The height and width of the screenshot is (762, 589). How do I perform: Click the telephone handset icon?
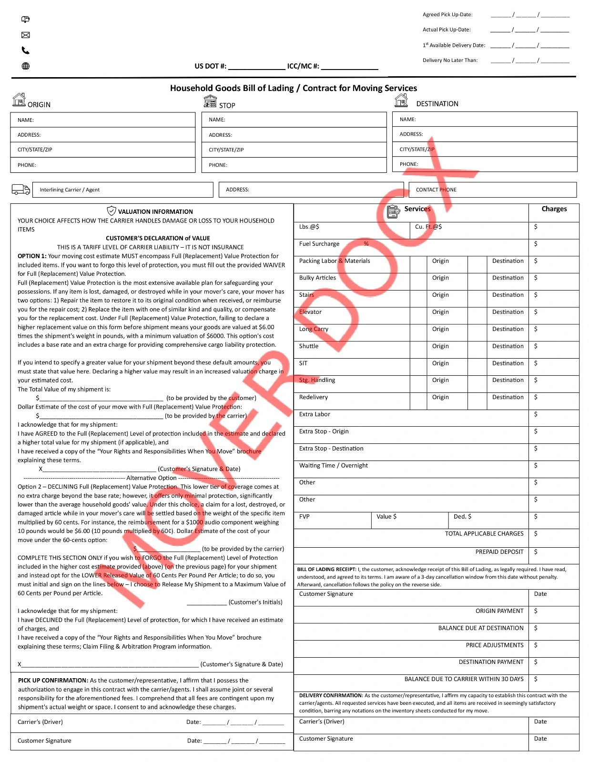(26, 50)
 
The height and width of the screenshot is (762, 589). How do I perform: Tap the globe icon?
(26, 66)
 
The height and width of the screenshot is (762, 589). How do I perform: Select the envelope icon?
(26, 35)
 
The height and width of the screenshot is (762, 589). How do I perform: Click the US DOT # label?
(210, 66)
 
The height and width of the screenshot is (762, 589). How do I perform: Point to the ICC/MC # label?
(303, 66)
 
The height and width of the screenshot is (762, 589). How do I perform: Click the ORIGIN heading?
(39, 105)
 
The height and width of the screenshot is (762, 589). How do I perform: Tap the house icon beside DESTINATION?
(401, 100)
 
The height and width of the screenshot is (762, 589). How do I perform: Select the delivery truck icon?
(20, 190)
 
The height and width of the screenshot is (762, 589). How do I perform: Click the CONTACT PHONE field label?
(436, 190)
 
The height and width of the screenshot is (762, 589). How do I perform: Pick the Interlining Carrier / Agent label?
(70, 190)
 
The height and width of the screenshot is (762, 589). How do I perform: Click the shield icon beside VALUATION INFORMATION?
(112, 211)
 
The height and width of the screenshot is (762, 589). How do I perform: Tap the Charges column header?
(554, 209)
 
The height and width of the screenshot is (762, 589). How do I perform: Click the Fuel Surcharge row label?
(319, 244)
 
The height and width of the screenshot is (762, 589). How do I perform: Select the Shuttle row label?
(309, 346)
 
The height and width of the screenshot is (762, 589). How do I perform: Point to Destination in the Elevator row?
(508, 312)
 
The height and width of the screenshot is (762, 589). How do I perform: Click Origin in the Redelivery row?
(440, 397)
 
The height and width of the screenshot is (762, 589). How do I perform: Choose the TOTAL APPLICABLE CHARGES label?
(484, 533)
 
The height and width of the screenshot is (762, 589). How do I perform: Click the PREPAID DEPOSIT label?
(499, 551)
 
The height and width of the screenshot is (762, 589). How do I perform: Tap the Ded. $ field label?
(462, 516)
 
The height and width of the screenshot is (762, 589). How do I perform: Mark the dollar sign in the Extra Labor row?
(536, 414)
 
